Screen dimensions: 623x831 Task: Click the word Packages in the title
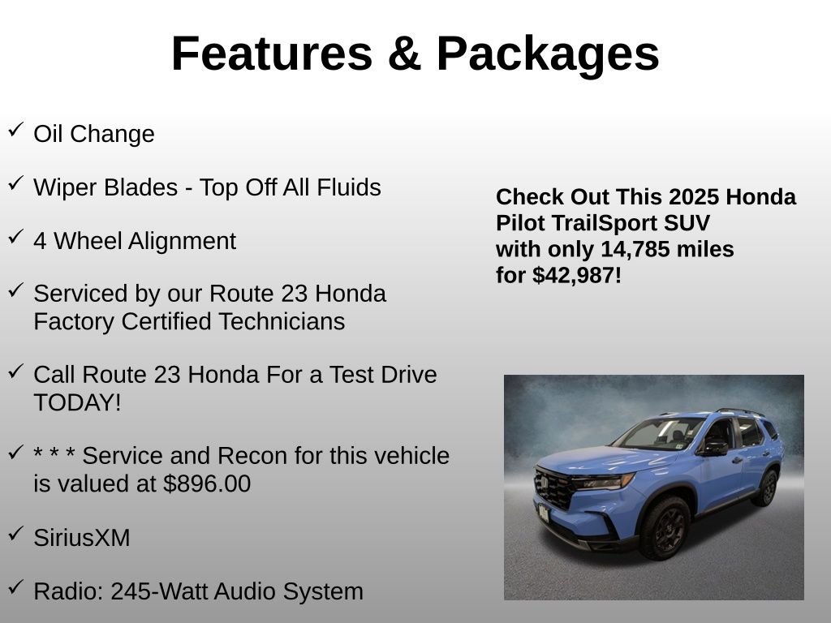pyautogui.click(x=548, y=54)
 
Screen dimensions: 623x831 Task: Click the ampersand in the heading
pyautogui.click(x=403, y=54)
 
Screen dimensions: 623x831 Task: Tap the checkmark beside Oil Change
pyautogui.click(x=15, y=130)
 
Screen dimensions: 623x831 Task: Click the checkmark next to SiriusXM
pyautogui.click(x=15, y=533)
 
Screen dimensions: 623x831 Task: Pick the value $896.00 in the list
pyautogui.click(x=207, y=483)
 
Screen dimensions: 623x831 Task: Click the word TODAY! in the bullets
pyautogui.click(x=77, y=402)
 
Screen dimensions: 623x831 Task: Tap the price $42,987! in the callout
pyautogui.click(x=577, y=275)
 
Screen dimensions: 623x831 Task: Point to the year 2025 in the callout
pyautogui.click(x=694, y=197)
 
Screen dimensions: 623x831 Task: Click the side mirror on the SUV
pyautogui.click(x=713, y=448)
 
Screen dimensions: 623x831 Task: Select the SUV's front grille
pyautogui.click(x=556, y=489)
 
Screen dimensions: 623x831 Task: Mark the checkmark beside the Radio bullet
pyautogui.click(x=15, y=586)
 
